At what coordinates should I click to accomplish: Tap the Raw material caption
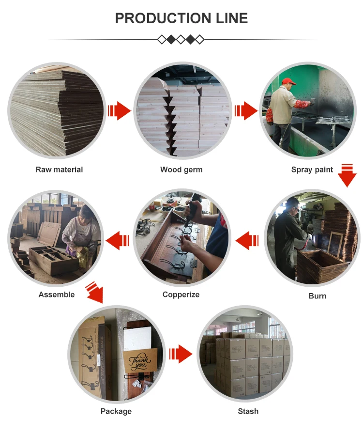[59, 170]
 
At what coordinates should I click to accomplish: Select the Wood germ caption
[181, 170]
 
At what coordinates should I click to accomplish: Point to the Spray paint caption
[312, 170]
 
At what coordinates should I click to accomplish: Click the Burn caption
[318, 296]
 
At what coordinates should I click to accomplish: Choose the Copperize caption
[181, 294]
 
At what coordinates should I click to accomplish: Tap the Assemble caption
[57, 294]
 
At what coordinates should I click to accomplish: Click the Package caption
[116, 411]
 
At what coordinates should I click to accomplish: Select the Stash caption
[248, 411]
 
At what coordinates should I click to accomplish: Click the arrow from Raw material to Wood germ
[119, 111]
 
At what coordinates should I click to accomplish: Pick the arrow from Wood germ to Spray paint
[246, 111]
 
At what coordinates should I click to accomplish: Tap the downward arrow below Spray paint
[347, 176]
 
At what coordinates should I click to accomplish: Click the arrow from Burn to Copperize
[247, 240]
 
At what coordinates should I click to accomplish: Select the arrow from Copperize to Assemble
[118, 240]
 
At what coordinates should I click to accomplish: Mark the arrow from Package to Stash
[181, 354]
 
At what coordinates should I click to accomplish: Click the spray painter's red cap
[288, 81]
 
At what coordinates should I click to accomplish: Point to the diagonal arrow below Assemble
[95, 293]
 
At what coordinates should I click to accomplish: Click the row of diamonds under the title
[181, 39]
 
